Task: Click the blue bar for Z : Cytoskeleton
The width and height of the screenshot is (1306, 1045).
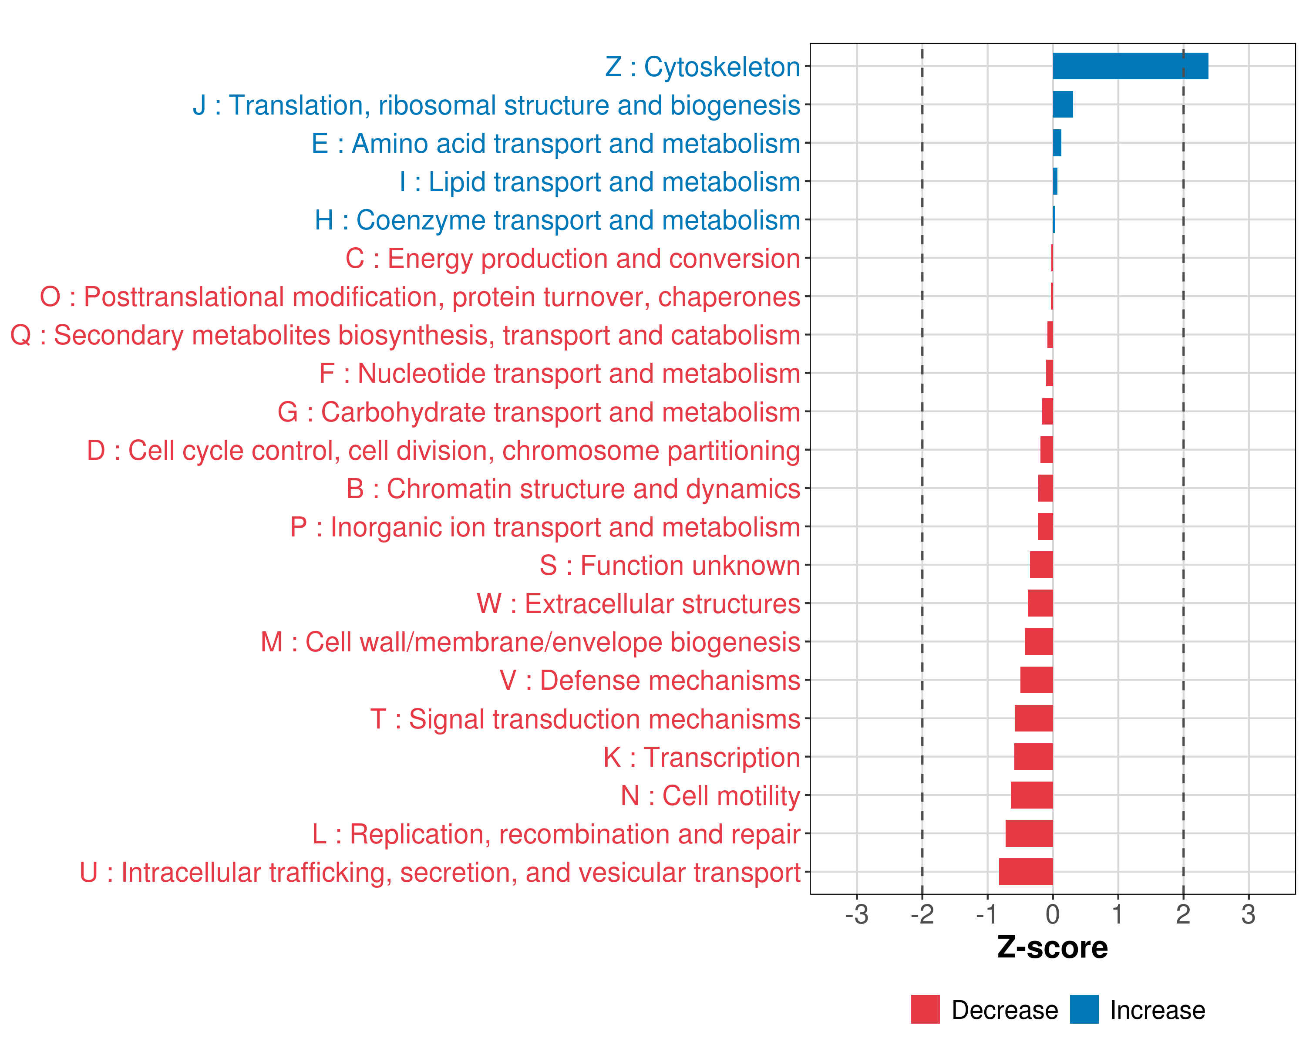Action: pyautogui.click(x=1130, y=66)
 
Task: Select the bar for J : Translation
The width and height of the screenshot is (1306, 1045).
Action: pyautogui.click(x=1063, y=104)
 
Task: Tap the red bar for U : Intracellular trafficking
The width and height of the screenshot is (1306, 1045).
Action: pyautogui.click(x=1026, y=872)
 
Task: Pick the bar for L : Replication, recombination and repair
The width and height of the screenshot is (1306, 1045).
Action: pyautogui.click(x=1029, y=833)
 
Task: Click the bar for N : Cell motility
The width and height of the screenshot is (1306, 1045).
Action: pyautogui.click(x=1032, y=795)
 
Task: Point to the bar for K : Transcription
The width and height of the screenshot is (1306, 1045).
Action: pyautogui.click(x=1033, y=757)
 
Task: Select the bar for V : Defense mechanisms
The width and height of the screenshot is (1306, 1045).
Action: pyautogui.click(x=1037, y=680)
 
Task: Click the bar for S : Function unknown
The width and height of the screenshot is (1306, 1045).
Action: pyautogui.click(x=1041, y=565)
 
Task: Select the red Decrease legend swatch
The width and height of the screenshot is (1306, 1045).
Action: pyautogui.click(x=925, y=1010)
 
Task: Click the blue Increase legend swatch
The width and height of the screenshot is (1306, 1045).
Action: pyautogui.click(x=1084, y=1010)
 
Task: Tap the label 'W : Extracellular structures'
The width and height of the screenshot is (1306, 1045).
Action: pyautogui.click(x=639, y=604)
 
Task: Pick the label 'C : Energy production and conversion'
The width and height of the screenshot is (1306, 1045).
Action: pyautogui.click(x=572, y=259)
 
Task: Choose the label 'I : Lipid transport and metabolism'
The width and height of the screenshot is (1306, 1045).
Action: pyautogui.click(x=600, y=182)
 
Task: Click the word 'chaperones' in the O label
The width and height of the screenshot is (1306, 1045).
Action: pyautogui.click(x=729, y=297)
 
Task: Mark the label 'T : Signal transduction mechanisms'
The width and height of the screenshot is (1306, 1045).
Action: pyautogui.click(x=585, y=719)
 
